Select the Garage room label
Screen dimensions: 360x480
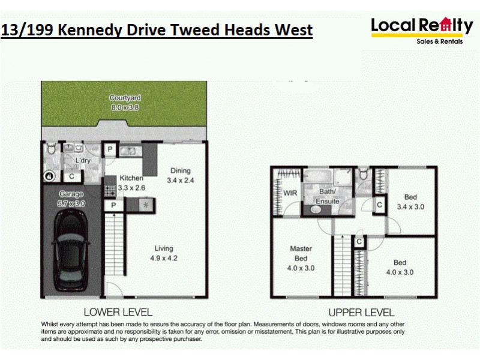tap(71, 194)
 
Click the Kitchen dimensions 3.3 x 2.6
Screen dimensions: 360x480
tap(131, 187)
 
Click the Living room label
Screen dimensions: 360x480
tap(163, 248)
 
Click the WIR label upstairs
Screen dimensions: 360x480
tap(290, 193)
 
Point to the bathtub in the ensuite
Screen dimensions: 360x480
tap(317, 178)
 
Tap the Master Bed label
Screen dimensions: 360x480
tap(301, 253)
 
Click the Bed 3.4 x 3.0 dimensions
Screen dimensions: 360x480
tap(410, 206)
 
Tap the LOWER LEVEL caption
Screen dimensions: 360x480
tap(118, 312)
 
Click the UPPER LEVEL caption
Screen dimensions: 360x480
tap(361, 312)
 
